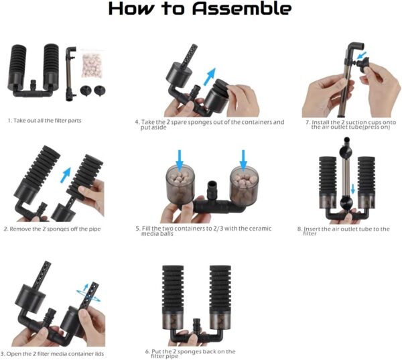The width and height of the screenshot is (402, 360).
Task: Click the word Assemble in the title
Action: coord(242,9)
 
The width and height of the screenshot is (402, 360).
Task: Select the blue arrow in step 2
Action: coord(66,175)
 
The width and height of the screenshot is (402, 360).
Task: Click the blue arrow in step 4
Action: coord(210,76)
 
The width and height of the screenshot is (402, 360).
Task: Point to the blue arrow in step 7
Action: coord(361,55)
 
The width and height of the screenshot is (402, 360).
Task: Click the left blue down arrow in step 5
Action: coord(180,160)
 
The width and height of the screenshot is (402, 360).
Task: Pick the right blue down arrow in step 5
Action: coord(243,160)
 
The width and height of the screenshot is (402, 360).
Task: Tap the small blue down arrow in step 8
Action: coord(353,189)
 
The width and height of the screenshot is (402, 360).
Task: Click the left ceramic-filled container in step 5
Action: coord(180,185)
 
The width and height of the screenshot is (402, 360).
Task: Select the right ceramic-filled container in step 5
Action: coord(245,186)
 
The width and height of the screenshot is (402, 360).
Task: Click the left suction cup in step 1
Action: coord(86,91)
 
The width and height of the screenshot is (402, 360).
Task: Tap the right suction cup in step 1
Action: coord(100,91)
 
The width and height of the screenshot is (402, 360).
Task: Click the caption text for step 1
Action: coord(45,121)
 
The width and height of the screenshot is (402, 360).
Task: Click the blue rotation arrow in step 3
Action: coord(88,296)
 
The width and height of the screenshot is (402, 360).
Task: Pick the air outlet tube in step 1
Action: coord(70,74)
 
